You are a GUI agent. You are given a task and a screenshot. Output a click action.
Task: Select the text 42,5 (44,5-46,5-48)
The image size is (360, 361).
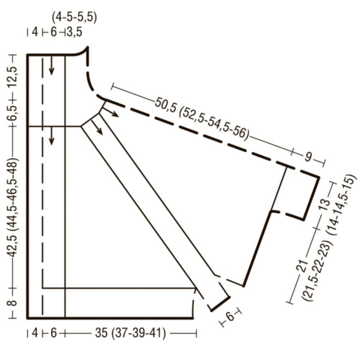click(x=13, y=208)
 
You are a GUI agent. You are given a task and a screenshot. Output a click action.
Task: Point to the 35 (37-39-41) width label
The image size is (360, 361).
click(x=130, y=333)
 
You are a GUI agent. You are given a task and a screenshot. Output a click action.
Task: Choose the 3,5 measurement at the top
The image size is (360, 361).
click(x=74, y=32)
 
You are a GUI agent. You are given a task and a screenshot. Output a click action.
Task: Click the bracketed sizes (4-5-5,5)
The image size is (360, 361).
click(x=74, y=18)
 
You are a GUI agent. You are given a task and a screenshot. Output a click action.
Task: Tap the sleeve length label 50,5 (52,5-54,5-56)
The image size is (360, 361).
click(x=202, y=118)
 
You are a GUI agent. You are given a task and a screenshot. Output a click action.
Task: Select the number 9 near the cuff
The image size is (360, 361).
click(x=308, y=157)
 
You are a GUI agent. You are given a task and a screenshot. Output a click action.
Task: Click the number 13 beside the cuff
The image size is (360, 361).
click(x=325, y=205)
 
